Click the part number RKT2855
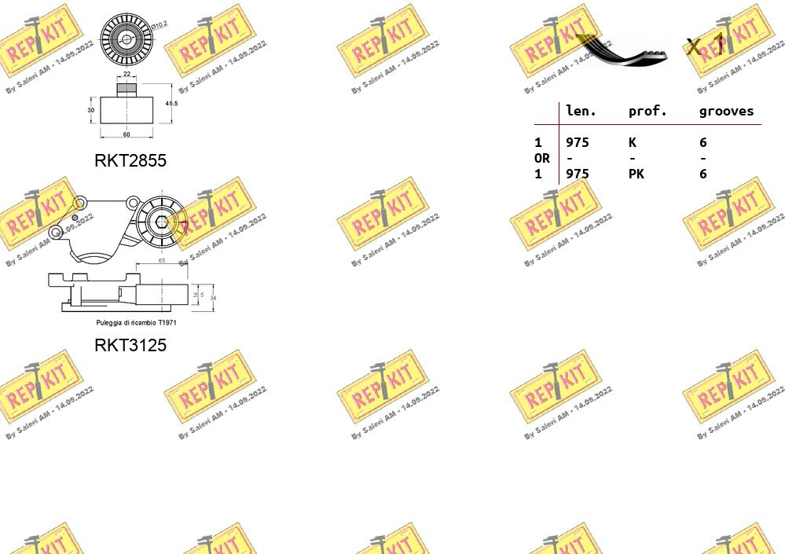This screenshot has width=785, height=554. [x=130, y=160]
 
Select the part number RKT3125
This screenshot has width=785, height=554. [x=130, y=345]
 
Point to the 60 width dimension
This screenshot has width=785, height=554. [x=126, y=134]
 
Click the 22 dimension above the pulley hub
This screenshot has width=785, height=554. [x=127, y=75]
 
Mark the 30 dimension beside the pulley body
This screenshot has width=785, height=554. [x=90, y=110]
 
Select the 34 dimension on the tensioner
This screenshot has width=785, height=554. [x=213, y=298]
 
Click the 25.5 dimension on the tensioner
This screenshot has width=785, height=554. [x=198, y=295]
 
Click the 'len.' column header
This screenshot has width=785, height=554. [x=581, y=112]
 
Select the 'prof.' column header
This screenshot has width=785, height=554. [x=647, y=112]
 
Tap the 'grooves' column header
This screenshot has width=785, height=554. [x=726, y=112]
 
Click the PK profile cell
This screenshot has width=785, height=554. [x=636, y=174]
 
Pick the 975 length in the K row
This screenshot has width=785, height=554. [x=577, y=142]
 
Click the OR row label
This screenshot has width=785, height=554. [x=541, y=158]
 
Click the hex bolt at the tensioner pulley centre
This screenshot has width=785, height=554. [x=162, y=221]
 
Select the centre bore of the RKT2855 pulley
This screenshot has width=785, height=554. [x=127, y=39]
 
